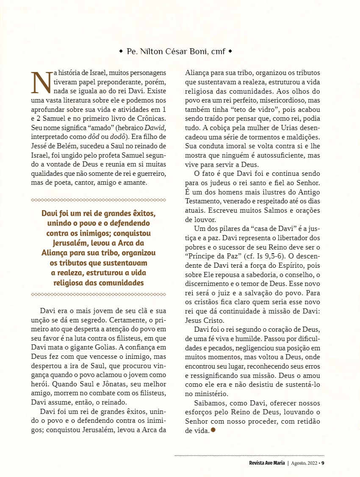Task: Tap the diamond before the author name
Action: click(121, 52)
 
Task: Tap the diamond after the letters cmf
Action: click(230, 52)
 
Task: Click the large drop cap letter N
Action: click(42, 83)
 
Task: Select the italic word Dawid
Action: click(156, 128)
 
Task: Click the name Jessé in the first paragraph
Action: click(41, 147)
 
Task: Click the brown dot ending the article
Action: click(213, 430)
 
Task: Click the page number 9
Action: click(322, 463)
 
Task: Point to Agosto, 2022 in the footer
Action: click(305, 463)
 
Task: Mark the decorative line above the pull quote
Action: click(99, 200)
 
